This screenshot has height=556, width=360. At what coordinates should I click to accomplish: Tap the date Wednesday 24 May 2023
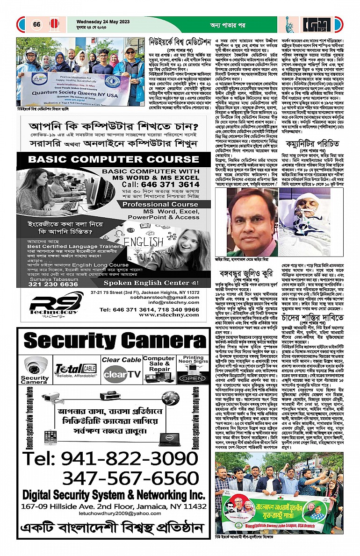(101, 21)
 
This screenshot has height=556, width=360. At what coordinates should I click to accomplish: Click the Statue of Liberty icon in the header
(288, 23)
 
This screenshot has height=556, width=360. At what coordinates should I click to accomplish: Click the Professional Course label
(154, 205)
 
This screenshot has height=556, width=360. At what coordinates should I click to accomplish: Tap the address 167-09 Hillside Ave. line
(110, 506)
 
